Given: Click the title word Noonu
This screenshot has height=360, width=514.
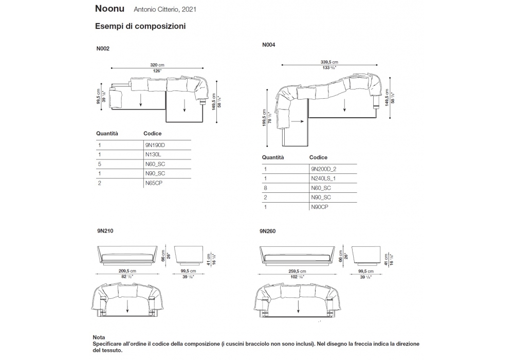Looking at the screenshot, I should click(110, 9).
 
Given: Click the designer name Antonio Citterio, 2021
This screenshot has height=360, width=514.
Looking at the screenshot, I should click(165, 9).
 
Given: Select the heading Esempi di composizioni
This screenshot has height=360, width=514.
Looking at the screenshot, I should click(140, 26).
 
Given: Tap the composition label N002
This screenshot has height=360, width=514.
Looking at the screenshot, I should click(103, 49).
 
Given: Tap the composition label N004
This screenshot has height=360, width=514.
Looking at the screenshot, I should click(269, 45).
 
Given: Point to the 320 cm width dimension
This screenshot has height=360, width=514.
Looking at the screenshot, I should click(157, 65).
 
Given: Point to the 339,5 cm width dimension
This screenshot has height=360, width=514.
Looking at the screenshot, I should click(329, 63).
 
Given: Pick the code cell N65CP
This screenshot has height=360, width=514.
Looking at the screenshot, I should click(153, 183).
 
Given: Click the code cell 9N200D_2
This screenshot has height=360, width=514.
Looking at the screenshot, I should click(323, 169).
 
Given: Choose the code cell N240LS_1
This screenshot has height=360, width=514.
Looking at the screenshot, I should click(324, 178).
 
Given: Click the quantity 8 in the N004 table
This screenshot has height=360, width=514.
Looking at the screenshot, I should click(265, 188).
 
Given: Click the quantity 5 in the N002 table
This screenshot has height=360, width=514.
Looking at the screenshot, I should click(99, 164).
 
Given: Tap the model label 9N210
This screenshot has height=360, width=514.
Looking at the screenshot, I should click(105, 231).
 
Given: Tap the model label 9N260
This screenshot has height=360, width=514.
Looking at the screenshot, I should click(268, 231).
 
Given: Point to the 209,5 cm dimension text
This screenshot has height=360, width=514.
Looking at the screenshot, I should click(126, 271).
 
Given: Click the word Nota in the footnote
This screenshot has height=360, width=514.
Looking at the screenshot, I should click(99, 337).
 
